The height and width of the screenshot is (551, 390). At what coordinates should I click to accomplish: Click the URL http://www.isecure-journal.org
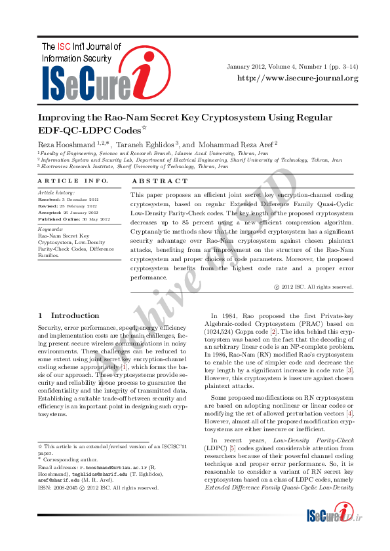tap(298, 79)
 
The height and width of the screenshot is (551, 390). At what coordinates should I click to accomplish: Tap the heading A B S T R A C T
tap(160, 181)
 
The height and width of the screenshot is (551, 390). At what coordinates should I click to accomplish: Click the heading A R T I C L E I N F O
tap(73, 181)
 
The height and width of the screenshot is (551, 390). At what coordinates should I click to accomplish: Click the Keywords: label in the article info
tap(50, 230)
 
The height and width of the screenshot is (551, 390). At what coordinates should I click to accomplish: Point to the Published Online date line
tap(74, 219)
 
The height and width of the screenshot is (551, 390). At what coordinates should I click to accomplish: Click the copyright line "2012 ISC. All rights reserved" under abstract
tap(317, 287)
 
